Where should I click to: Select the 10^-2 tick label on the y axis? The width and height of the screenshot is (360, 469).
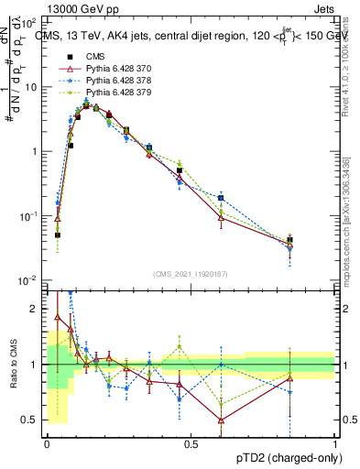point(28,280)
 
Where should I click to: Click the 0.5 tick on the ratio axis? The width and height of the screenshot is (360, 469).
point(32,420)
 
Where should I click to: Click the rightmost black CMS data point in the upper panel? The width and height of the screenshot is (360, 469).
point(289,241)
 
